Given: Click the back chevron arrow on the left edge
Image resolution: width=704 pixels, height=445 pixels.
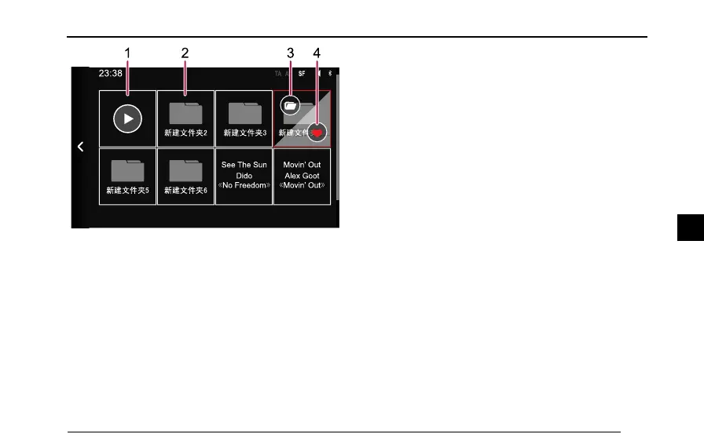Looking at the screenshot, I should (x=80, y=147).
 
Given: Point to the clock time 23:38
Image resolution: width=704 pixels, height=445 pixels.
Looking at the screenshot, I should (x=110, y=73).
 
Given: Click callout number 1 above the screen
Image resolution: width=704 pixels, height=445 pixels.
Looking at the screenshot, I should (x=127, y=53).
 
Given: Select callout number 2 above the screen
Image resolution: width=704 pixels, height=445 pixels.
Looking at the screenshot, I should (x=185, y=53).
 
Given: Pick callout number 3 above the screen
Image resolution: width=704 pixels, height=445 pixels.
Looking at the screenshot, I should (x=290, y=53).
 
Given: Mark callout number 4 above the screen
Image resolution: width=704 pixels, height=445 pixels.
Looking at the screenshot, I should (x=317, y=53).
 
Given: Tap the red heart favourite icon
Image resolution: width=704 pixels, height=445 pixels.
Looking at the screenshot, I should (x=317, y=133).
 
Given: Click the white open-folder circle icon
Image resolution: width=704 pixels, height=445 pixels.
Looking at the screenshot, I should (x=290, y=104).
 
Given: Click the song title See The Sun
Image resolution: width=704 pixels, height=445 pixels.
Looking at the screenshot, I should (x=244, y=166).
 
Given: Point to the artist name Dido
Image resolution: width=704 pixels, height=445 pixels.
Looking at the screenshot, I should (x=244, y=176).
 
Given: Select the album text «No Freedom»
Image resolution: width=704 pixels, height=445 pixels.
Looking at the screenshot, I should (x=244, y=186).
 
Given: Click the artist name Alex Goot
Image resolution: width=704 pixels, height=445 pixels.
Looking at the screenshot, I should (x=302, y=176).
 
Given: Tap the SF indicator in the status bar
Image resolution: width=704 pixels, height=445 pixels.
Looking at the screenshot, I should (x=302, y=73).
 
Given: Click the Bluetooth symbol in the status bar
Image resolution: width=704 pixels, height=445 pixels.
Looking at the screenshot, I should (x=331, y=73).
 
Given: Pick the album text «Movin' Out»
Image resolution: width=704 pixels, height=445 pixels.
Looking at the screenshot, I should (x=302, y=186).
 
